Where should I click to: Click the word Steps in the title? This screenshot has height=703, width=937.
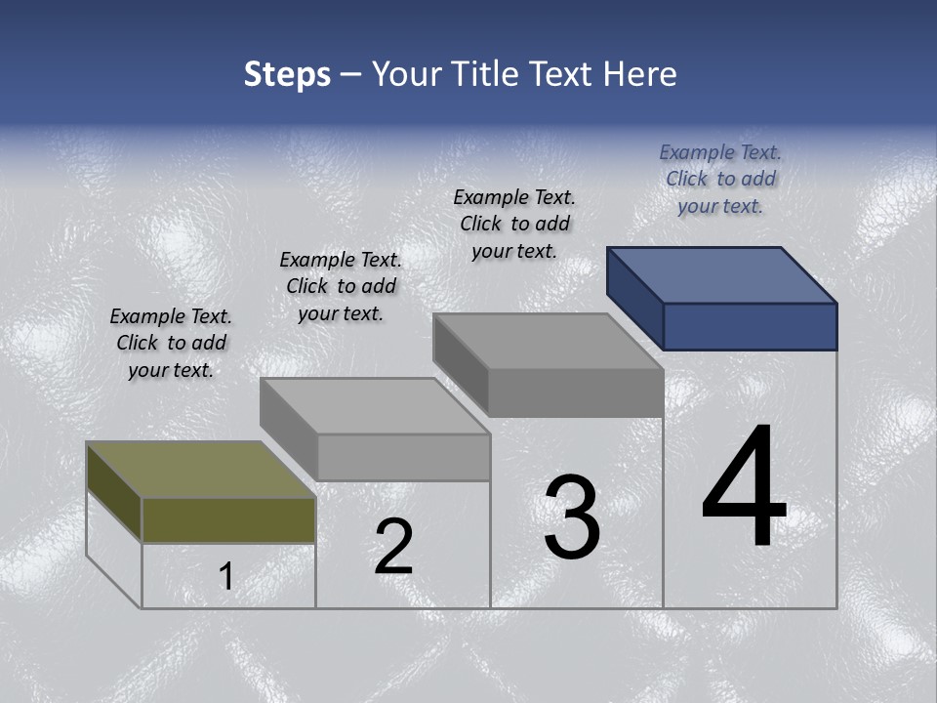287,74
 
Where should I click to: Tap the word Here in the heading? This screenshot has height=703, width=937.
640,74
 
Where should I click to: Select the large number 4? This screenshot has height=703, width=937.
744,487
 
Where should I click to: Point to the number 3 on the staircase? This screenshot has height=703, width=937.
572,517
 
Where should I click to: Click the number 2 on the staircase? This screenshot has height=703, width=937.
393,547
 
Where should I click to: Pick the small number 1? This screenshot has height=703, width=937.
225,577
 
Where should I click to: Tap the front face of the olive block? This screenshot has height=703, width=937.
228,519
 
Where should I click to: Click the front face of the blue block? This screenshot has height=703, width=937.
750,326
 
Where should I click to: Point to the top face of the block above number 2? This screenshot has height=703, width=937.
375,405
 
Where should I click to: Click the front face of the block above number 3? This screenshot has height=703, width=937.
576,393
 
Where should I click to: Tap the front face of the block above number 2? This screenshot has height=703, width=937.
403,457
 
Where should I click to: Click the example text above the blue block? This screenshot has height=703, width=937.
720,179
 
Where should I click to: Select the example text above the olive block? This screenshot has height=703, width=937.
171,343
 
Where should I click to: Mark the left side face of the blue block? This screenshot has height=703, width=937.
634,298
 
